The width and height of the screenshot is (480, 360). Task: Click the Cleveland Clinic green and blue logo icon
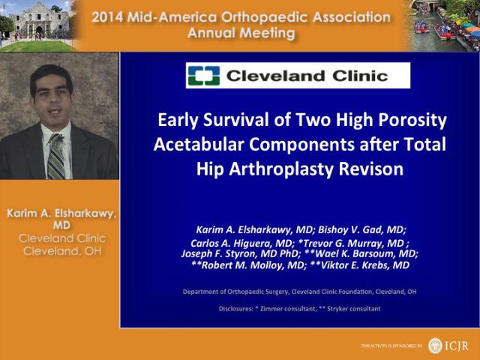pyautogui.click(x=204, y=75)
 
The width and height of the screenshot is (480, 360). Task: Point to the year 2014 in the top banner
pyautogui.click(x=107, y=17)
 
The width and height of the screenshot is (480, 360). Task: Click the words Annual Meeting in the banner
pyautogui.click(x=241, y=33)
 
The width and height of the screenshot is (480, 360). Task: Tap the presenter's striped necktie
pyautogui.click(x=56, y=156)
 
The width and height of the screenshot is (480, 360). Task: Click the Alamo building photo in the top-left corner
pyautogui.click(x=36, y=25)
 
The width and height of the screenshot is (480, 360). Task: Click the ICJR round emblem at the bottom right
pyautogui.click(x=435, y=346)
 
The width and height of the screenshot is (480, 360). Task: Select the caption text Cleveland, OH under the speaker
pyautogui.click(x=62, y=251)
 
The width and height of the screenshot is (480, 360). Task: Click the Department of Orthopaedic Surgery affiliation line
pyautogui.click(x=299, y=292)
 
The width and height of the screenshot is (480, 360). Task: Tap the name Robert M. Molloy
pyautogui.click(x=252, y=265)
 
